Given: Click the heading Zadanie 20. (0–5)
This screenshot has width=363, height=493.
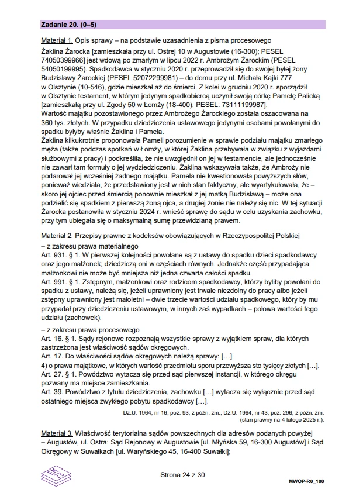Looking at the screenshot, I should pyautogui.click(x=68, y=25).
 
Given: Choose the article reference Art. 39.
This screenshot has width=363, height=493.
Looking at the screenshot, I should pyautogui.click(x=51, y=393).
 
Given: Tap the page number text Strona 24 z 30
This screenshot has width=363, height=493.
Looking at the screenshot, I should pyautogui.click(x=181, y=475).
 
